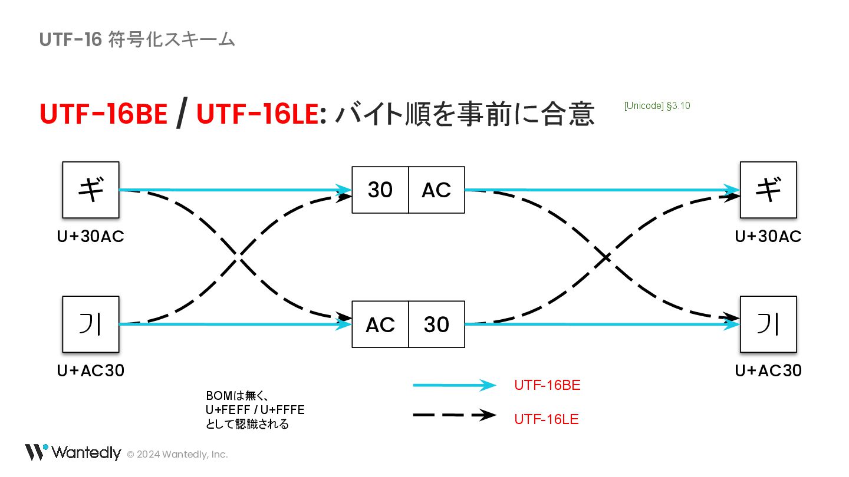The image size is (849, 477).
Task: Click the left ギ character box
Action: coord(91,190)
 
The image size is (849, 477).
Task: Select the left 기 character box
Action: coord(91,324)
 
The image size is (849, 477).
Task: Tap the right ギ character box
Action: coord(768,190)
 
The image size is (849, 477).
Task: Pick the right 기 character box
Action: coord(768,324)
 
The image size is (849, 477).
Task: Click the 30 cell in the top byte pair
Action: coord(380,190)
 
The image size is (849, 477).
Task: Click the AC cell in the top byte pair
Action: coord(436,190)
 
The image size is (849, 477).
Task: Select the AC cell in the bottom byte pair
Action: coord(380,324)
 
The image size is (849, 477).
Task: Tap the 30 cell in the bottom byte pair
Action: coord(436,324)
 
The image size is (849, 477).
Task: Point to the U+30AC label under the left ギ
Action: coord(91,236)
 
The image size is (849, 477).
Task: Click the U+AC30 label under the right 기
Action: coord(768,370)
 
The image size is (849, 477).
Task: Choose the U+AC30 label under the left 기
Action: coord(91,370)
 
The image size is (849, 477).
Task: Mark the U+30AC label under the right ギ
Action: coord(768,236)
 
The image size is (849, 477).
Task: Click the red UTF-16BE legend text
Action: coord(547,385)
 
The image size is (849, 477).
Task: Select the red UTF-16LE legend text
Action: coord(547,419)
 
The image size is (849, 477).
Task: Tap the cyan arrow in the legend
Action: coord(454,385)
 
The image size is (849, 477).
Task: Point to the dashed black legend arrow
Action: coord(454,415)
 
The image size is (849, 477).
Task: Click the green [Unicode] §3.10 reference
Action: coord(657,106)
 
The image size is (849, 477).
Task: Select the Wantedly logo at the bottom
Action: coord(73,452)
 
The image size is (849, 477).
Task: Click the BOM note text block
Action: coord(255,409)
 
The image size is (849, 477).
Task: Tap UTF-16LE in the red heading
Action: coord(257,114)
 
